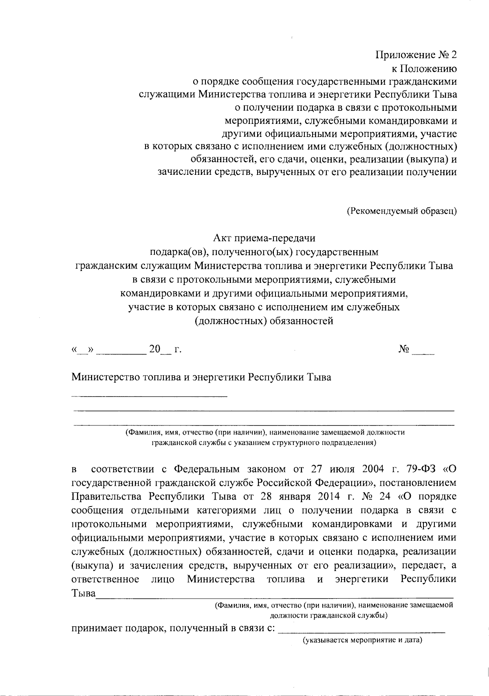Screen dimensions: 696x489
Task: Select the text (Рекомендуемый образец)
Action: point(401,211)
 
